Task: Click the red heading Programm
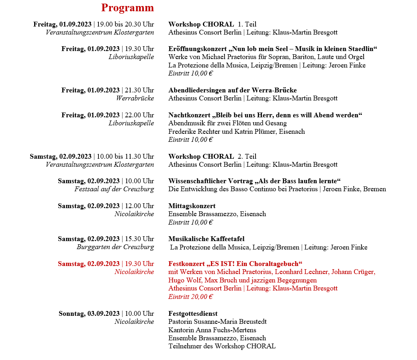(x=127, y=8)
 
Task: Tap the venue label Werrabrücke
(x=135, y=98)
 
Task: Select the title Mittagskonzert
(x=192, y=206)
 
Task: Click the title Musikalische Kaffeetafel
(x=206, y=239)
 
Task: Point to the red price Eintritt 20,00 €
(x=190, y=297)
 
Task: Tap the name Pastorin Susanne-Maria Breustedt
(x=217, y=322)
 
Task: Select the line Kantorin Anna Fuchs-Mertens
(x=212, y=330)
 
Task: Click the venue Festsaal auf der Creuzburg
(x=114, y=189)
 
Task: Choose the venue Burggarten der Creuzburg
(x=115, y=247)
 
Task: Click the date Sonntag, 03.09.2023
(x=89, y=313)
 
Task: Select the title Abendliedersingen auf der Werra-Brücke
(x=232, y=90)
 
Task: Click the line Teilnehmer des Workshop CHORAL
(x=222, y=346)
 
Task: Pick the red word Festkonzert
(x=186, y=264)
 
